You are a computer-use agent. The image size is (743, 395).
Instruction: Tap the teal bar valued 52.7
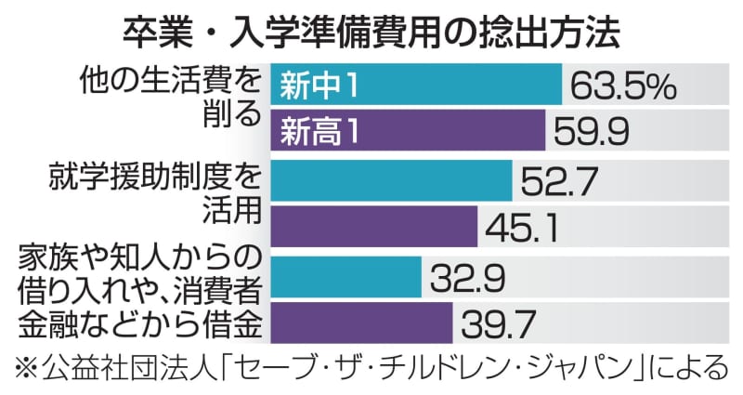tap(390, 180)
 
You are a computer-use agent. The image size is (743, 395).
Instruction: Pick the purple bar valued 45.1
tap(373, 227)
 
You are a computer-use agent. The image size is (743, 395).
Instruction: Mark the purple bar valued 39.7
tap(360, 323)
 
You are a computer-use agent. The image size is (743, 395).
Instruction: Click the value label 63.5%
tap(621, 86)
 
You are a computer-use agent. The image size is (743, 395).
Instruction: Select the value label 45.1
tap(524, 228)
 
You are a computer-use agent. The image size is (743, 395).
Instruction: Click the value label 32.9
tap(470, 277)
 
